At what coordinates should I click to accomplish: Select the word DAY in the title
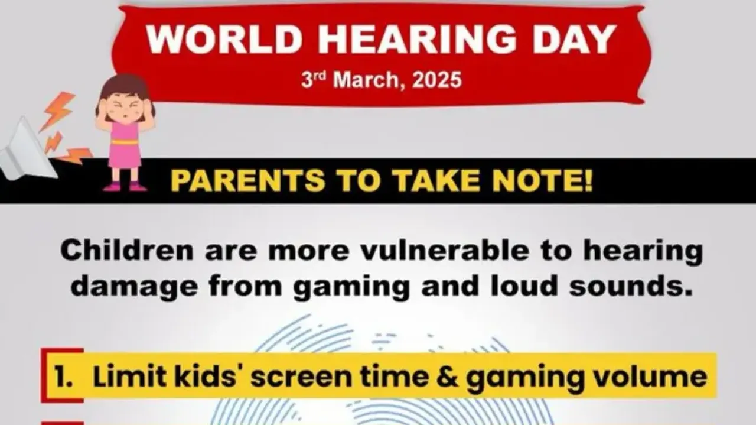[571, 40]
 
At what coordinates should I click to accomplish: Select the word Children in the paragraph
[126, 251]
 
